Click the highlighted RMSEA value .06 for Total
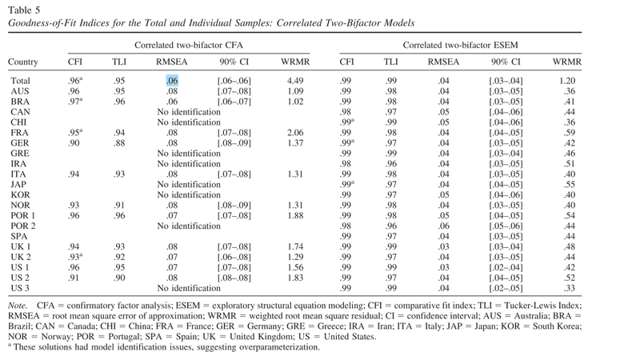click(172, 81)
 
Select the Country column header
click(23, 62)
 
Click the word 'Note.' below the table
click(17, 306)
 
